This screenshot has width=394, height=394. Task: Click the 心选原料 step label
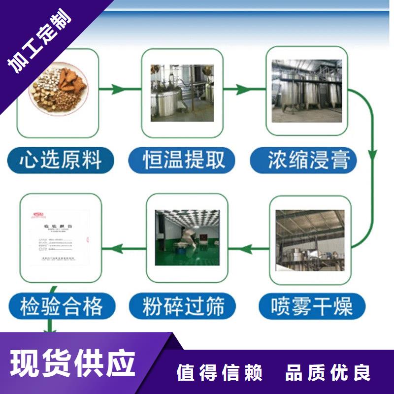pos(61,161)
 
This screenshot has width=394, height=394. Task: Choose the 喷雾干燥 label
pos(312,306)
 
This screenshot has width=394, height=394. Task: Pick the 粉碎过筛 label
pos(184,306)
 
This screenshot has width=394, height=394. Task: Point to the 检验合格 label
pos(62,306)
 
